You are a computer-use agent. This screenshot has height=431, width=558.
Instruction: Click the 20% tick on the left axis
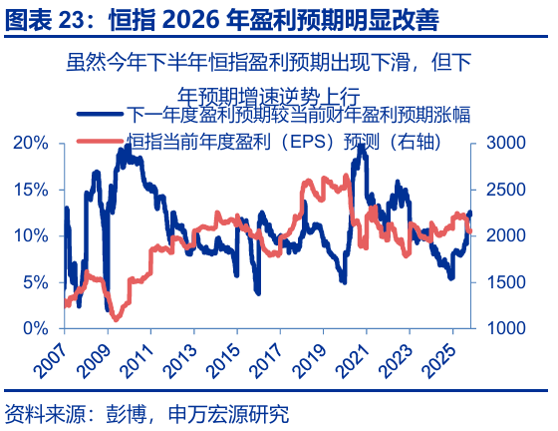coord(32,143)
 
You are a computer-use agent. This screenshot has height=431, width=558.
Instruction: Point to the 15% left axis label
coord(32,189)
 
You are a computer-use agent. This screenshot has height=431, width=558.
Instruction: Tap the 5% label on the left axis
coord(36,282)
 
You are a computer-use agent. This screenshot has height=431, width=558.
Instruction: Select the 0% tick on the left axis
coord(36,328)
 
